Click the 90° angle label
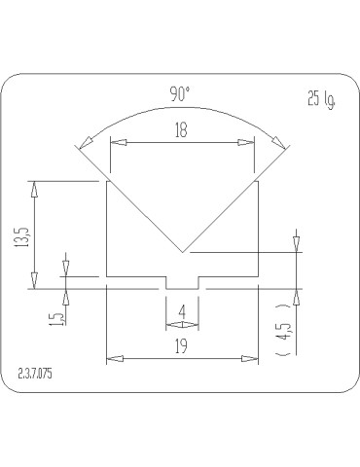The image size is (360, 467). point(179,94)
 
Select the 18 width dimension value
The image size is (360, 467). point(181,130)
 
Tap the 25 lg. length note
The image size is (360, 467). point(321,99)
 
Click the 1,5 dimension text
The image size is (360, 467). point(57,319)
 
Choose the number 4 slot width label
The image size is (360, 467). point(182,312)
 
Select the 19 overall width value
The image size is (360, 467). point(181,346)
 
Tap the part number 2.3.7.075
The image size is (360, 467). point(35,374)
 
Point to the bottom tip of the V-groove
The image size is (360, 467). point(183,252)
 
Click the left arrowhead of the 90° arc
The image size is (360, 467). point(86,141)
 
